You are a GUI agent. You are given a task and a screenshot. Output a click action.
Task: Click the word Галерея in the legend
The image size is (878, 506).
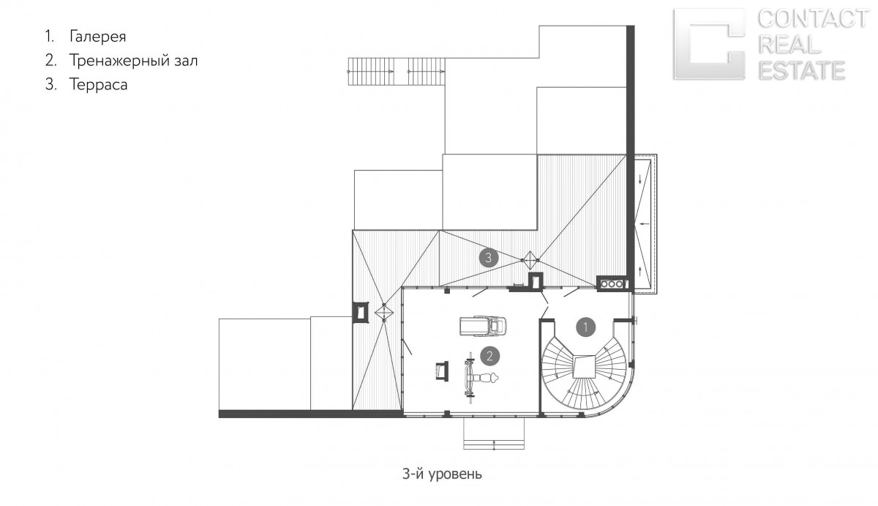97,37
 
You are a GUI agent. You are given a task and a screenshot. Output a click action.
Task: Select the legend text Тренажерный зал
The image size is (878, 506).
133,60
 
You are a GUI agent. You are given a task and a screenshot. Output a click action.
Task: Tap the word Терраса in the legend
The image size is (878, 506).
98,84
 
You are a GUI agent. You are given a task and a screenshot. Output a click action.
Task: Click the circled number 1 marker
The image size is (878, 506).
585,327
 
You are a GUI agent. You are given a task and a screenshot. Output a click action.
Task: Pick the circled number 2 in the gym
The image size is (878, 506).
489,356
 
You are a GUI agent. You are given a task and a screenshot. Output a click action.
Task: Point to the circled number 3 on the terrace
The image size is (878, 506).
489,258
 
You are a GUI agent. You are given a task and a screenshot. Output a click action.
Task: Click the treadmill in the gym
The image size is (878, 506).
482,326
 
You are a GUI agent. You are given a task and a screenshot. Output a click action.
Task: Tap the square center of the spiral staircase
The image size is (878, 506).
584,366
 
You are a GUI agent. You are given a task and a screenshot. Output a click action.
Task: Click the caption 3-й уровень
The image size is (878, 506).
442,475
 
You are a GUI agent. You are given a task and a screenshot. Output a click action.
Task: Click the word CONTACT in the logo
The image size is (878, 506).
813,18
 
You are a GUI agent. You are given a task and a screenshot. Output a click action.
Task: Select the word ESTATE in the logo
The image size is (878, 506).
802,70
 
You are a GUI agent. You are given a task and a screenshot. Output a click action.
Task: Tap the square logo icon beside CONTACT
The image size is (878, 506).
709,44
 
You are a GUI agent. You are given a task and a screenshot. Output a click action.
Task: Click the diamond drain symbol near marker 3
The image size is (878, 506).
530,260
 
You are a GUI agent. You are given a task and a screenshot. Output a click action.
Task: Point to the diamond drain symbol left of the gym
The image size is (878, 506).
384,313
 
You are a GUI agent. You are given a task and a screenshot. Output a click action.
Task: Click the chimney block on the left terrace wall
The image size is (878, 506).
361,312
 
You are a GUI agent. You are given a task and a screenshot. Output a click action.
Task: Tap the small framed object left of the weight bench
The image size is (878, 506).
442,371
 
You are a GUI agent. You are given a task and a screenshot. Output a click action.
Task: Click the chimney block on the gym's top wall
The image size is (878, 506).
536,282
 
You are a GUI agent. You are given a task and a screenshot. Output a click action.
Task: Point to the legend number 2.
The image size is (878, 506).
50,61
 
